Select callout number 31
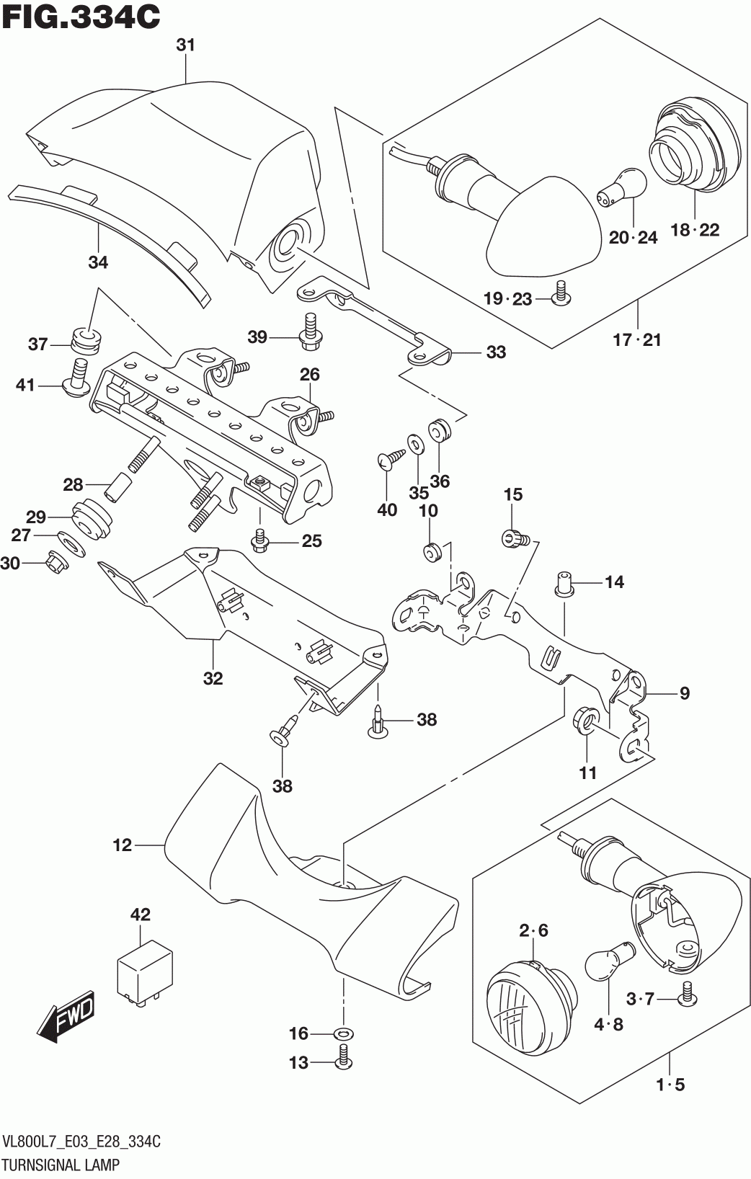click(186, 45)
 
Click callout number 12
click(123, 845)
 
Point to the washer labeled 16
click(344, 1034)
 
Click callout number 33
click(496, 352)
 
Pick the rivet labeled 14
click(563, 582)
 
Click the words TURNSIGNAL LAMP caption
click(62, 1164)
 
